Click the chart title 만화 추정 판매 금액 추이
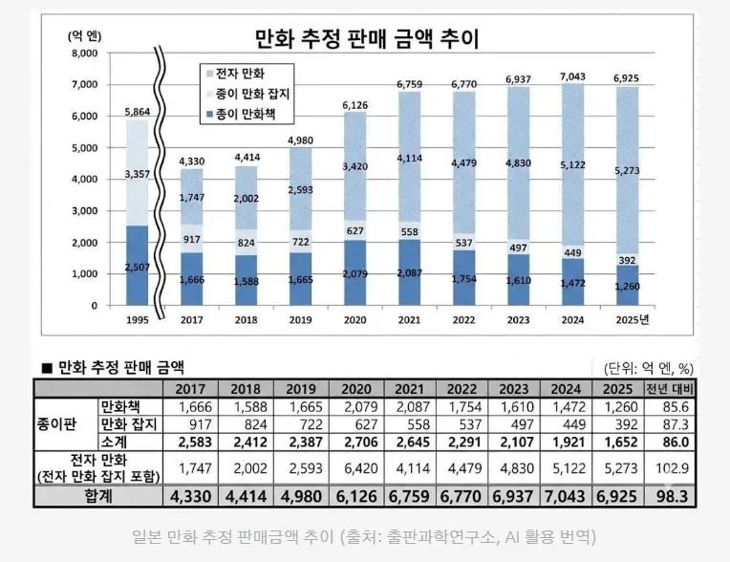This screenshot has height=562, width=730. (x=366, y=39)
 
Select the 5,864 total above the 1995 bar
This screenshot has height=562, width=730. (x=138, y=112)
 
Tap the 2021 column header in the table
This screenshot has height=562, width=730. (x=410, y=390)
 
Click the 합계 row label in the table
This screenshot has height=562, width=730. (x=97, y=497)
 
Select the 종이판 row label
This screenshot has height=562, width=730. (x=65, y=423)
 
